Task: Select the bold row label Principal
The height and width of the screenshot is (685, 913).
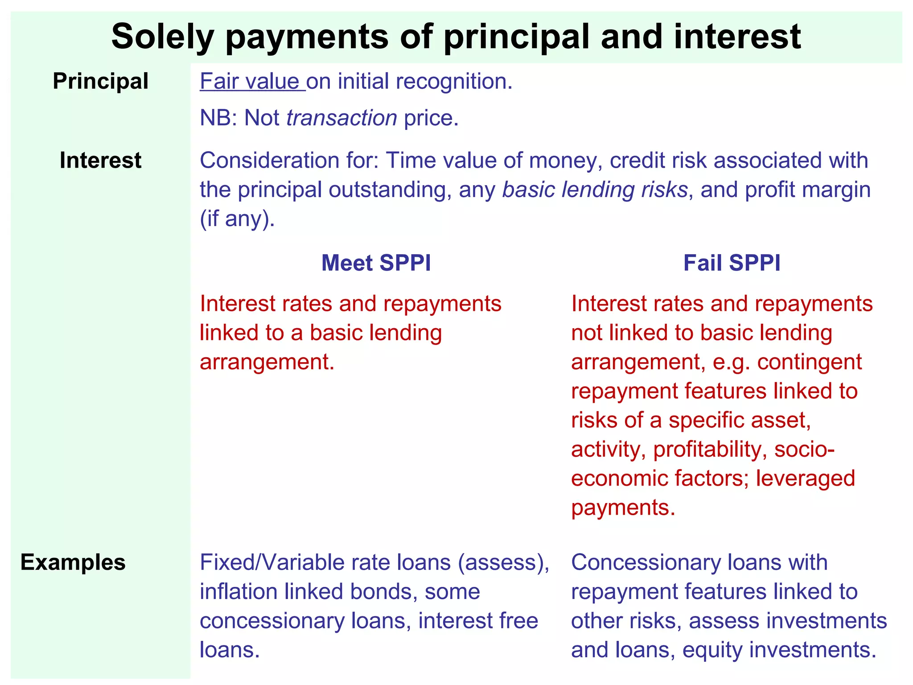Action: [100, 82]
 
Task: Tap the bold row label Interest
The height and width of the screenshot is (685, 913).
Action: [100, 161]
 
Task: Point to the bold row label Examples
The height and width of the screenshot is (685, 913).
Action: [73, 562]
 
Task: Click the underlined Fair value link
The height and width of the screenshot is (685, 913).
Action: [252, 82]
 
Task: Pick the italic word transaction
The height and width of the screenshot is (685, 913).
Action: [341, 118]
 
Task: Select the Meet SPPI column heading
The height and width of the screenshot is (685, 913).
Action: [376, 263]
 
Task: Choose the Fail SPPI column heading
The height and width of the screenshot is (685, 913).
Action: [732, 263]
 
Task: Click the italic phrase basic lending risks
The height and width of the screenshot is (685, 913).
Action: [595, 190]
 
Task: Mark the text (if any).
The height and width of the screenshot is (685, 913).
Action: [237, 219]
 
